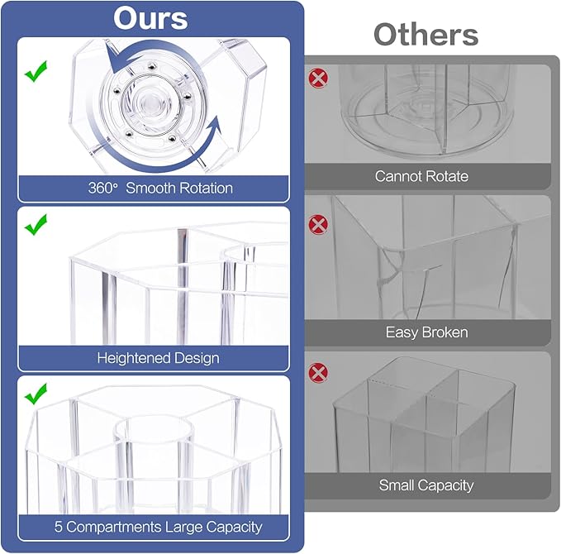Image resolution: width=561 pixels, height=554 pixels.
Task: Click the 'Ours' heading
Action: tap(150, 18)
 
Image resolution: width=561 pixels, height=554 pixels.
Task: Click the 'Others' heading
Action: tap(426, 34)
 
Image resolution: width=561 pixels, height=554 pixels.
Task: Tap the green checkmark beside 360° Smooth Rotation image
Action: tap(36, 71)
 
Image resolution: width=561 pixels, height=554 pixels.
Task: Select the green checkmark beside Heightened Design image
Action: tap(36, 225)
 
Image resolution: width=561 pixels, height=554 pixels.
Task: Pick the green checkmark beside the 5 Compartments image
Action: tap(36, 394)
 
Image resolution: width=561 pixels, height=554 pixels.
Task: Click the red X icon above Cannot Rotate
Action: tap(318, 78)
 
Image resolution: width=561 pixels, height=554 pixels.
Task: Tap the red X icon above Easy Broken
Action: tap(318, 225)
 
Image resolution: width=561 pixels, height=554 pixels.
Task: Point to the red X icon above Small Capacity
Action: tap(318, 373)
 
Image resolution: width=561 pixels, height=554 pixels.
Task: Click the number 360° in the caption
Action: tap(102, 188)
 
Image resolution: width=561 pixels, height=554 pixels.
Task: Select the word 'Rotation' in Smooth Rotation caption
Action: tap(205, 188)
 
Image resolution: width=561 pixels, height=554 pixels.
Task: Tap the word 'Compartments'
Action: tap(114, 528)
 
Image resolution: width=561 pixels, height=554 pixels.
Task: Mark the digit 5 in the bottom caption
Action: tap(59, 528)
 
